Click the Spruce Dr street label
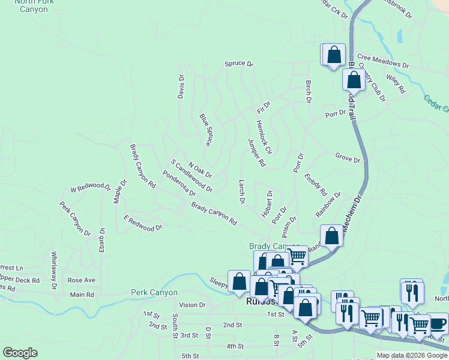coord(239,64)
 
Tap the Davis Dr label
coord(181,87)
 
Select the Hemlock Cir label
coord(264,137)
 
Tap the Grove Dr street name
coord(348,160)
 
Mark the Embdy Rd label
coord(315,185)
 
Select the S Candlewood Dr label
coord(191,176)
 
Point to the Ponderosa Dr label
coord(179,185)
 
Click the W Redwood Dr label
coord(90,188)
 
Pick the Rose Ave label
coord(82,280)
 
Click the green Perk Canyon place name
coord(154,293)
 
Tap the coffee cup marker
coord(437,323)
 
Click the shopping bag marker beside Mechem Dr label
coord(331,236)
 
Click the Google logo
coord(20,353)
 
